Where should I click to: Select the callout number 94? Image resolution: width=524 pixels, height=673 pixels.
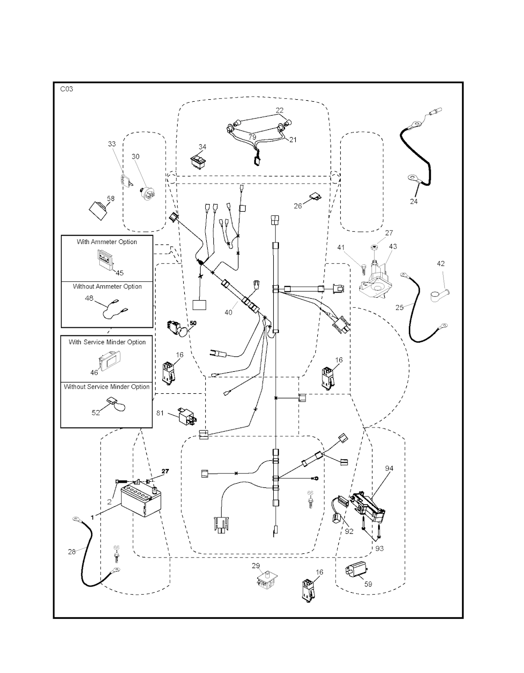(389, 468)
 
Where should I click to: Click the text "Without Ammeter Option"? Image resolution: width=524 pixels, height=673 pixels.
(107, 286)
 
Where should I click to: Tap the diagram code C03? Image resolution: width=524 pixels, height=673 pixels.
(67, 89)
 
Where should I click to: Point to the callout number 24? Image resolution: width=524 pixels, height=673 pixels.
(413, 201)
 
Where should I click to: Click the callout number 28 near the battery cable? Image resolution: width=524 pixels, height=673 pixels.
(72, 551)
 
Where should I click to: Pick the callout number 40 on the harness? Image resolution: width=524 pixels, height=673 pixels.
(228, 312)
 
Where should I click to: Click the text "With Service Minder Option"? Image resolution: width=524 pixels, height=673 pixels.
(107, 342)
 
